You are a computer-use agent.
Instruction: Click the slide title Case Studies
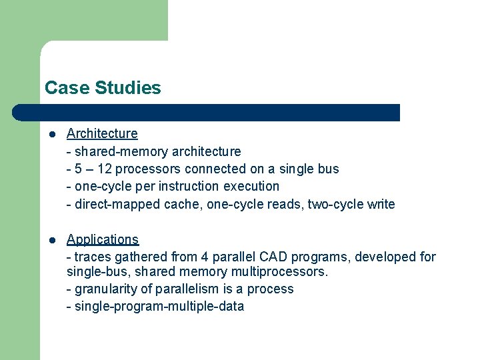pos(103,88)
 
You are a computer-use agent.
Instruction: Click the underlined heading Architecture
pos(102,133)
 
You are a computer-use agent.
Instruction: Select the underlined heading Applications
pos(103,239)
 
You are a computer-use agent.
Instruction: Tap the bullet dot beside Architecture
pos(51,134)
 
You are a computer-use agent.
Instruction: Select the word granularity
pos(107,289)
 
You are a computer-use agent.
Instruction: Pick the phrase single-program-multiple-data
pos(159,307)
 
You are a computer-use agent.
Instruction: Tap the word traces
pos(93,257)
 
